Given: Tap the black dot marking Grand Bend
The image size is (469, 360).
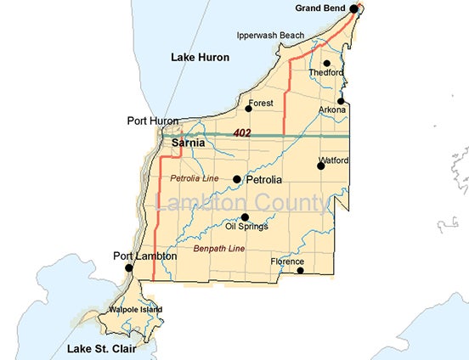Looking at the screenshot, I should (354, 8).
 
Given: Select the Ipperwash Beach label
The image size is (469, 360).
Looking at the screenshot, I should (269, 36).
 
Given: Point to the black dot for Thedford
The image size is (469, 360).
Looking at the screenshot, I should (327, 63).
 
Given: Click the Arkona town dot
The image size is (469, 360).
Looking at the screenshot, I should (341, 101).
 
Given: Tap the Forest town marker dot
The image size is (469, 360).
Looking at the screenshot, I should (249, 108).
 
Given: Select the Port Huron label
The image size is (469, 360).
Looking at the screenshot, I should (152, 121).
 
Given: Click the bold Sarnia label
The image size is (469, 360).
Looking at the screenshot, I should (188, 144).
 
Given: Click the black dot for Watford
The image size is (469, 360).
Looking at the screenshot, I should (321, 166).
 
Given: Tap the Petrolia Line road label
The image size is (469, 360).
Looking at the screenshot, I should (195, 179).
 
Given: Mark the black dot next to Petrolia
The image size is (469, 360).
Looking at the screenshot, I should (237, 179).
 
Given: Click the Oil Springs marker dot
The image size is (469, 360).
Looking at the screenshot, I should (245, 217).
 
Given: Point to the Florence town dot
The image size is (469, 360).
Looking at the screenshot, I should (299, 271).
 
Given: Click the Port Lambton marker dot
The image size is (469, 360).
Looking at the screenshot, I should (129, 268).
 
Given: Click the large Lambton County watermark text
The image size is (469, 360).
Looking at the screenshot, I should (241, 204).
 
